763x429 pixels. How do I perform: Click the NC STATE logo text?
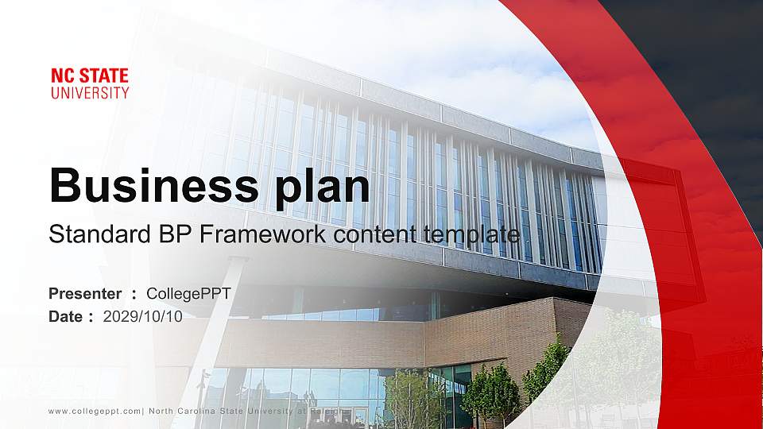90,77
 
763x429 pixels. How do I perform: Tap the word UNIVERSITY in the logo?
90,93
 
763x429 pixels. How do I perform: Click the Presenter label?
85,294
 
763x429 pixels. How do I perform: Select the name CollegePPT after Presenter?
188,294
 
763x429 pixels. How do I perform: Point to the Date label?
66,316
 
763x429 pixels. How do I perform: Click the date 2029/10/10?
143,316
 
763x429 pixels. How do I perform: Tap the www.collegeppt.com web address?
95,411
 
